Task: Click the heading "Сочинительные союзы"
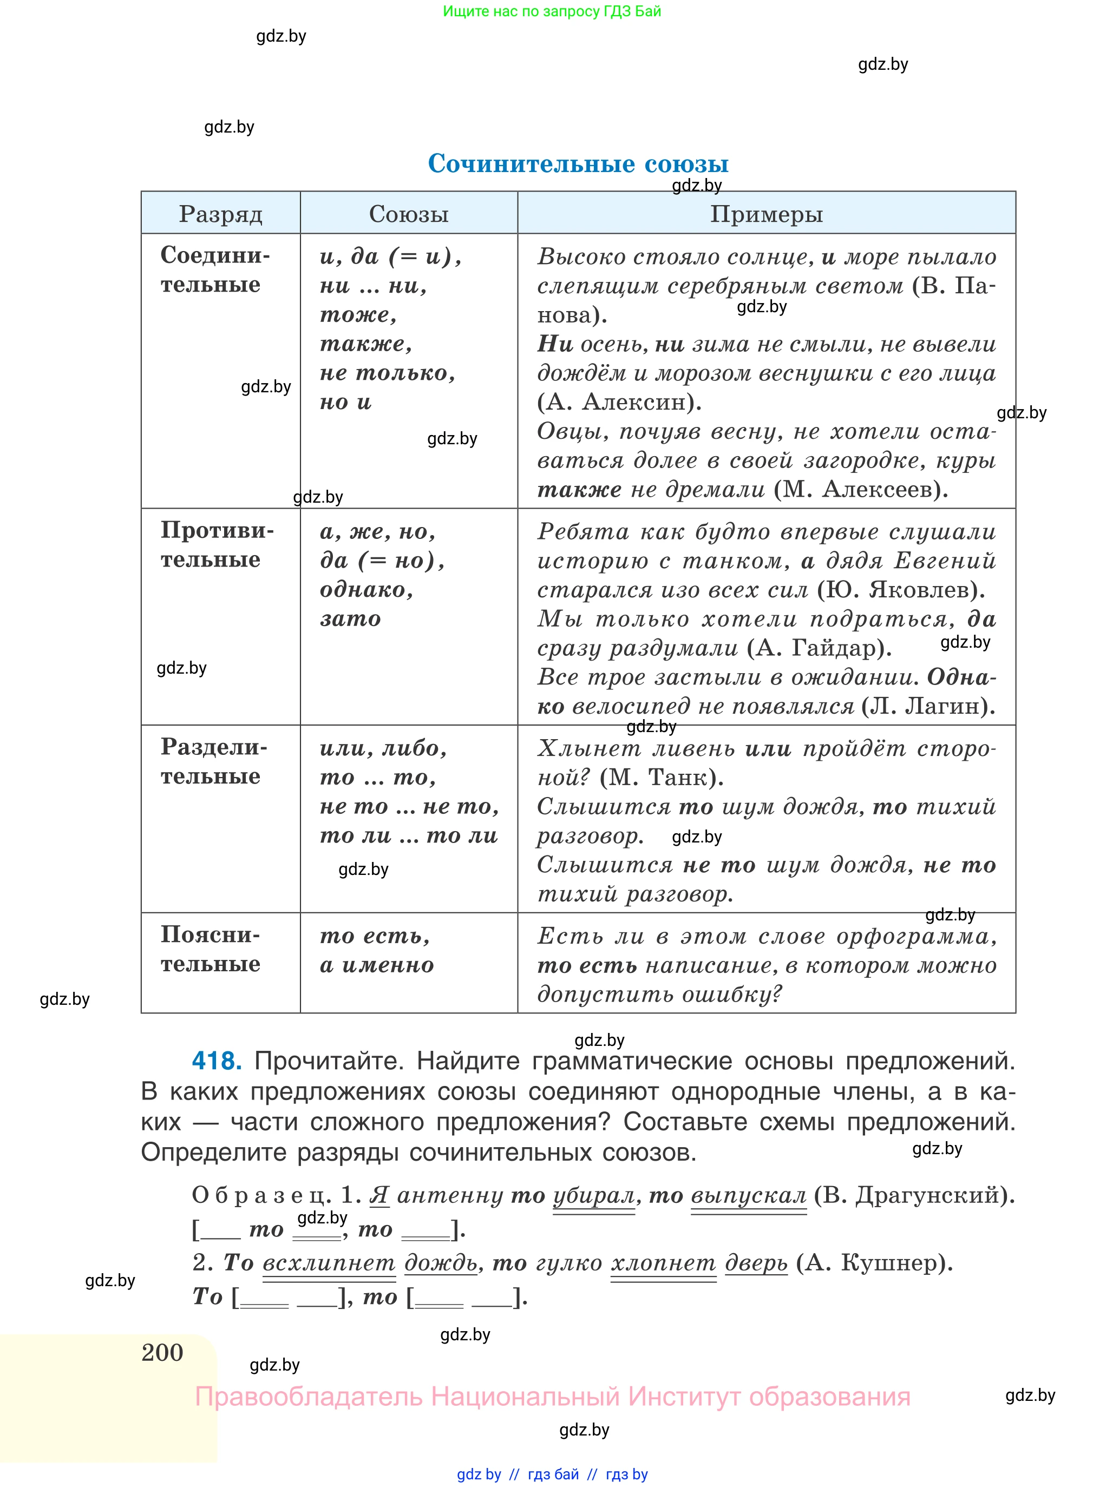pos(578,163)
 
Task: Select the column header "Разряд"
pos(220,214)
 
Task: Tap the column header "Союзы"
pos(408,214)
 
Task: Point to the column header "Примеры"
pos(766,214)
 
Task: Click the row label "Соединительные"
pos(214,269)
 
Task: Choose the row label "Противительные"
pos(216,545)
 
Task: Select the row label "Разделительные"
pos(213,761)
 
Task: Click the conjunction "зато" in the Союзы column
pos(350,619)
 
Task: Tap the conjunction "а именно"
pos(377,965)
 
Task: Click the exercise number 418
pos(216,1061)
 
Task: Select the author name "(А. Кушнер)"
pos(874,1262)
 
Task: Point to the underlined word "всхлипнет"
pos(329,1262)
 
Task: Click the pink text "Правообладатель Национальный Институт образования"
pos(552,1397)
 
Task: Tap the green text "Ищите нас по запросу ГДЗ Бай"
pos(552,11)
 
